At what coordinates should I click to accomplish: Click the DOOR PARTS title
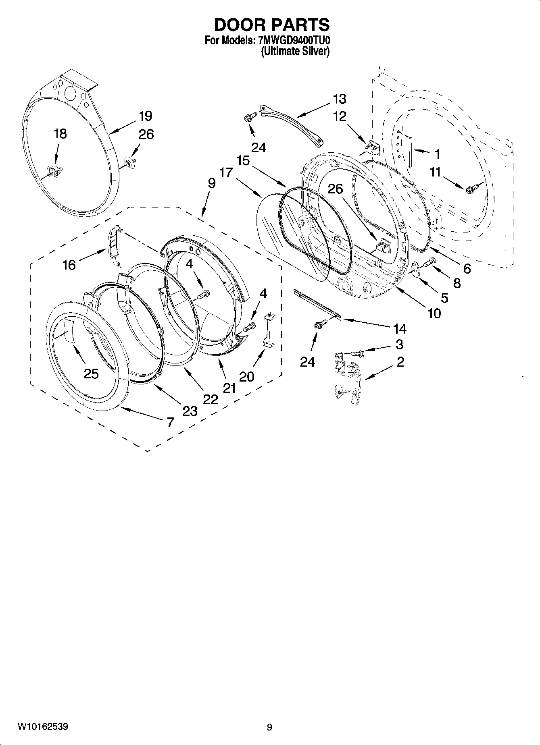[271, 25]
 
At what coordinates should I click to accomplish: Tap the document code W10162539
[42, 727]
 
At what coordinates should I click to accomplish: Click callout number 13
[340, 99]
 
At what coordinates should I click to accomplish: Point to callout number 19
[146, 116]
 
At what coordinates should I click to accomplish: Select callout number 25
[91, 374]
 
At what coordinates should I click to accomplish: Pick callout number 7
[170, 422]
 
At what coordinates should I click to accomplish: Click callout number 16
[69, 265]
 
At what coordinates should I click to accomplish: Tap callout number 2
[400, 362]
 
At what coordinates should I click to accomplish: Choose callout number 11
[435, 172]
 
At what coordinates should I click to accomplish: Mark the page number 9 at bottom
[269, 727]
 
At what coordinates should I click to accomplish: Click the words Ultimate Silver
[295, 52]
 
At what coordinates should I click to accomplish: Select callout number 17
[226, 172]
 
